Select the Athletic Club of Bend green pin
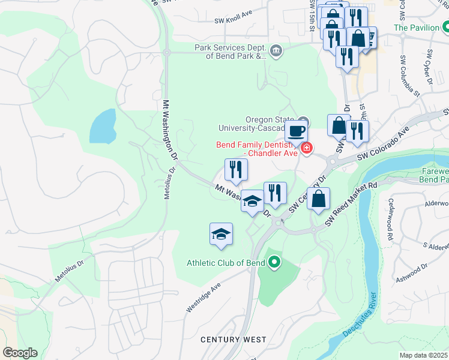pos(275,262)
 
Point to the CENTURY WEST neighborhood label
pos(233,340)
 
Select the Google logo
pos(20,353)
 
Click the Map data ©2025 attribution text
pos(423,355)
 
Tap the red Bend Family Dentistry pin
pos(307,148)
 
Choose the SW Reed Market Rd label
pos(351,203)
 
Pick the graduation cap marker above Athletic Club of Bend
pos(221,234)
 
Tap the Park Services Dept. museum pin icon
pos(276,50)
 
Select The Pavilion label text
pos(416,28)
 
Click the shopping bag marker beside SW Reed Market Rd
pos(319,199)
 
